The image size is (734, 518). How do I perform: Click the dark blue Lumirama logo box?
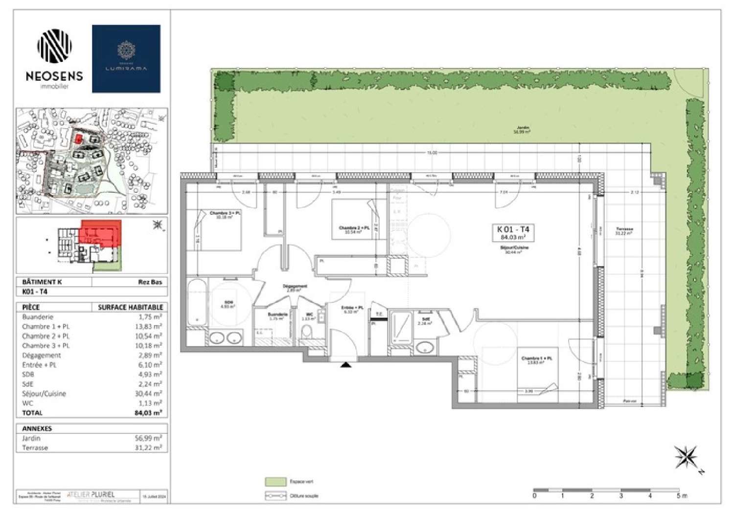coord(126,59)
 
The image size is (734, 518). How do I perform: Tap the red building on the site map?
coord(77,138)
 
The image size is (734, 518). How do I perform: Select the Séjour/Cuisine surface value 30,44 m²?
coord(149,394)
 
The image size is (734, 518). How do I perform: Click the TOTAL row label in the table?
coord(32,413)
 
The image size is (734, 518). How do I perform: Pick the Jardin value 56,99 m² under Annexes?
coord(149,438)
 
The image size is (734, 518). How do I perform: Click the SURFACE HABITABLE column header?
coord(130,307)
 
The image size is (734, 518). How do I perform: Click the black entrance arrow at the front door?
coord(346,364)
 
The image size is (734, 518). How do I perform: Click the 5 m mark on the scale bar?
coord(679,495)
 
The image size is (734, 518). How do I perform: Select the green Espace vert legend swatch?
coord(275,482)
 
